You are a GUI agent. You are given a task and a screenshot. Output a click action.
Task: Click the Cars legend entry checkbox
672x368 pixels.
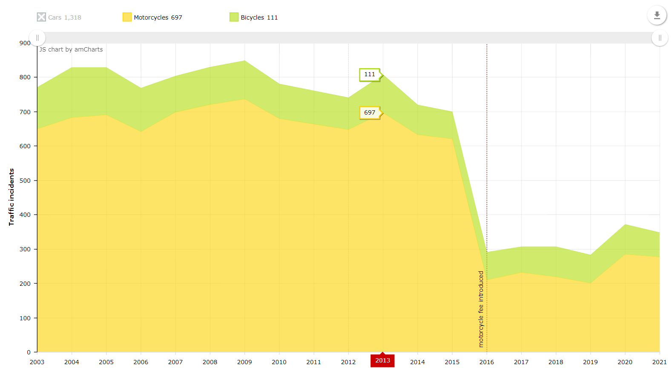pyautogui.click(x=41, y=17)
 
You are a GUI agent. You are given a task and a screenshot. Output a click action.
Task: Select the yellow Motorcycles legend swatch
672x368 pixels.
pyautogui.click(x=127, y=17)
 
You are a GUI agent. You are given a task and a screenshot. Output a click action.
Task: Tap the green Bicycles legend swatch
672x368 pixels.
pyautogui.click(x=234, y=17)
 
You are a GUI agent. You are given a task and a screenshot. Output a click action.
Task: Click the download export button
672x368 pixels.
pyautogui.click(x=657, y=15)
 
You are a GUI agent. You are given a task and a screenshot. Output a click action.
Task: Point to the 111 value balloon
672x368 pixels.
pyautogui.click(x=370, y=75)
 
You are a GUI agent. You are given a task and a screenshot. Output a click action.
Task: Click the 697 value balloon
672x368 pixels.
pyautogui.click(x=370, y=113)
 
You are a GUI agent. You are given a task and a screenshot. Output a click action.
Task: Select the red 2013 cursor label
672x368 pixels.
pyautogui.click(x=382, y=360)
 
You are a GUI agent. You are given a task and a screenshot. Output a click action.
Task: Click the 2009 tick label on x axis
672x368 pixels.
pyautogui.click(x=244, y=362)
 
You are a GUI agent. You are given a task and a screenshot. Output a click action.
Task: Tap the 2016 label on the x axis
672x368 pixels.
pyautogui.click(x=487, y=362)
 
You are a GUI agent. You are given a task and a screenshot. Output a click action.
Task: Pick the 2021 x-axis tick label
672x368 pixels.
pyautogui.click(x=659, y=362)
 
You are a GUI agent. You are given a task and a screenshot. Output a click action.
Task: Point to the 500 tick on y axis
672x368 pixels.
pyautogui.click(x=25, y=181)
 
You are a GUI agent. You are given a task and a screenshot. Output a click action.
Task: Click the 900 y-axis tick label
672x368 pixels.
pyautogui.click(x=25, y=43)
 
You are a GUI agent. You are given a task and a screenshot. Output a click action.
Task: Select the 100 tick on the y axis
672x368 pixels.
pyautogui.click(x=25, y=318)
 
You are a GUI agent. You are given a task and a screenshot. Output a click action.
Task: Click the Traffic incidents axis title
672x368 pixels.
pyautogui.click(x=11, y=197)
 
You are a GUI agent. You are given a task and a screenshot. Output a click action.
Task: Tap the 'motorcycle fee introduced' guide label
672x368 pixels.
pyautogui.click(x=481, y=309)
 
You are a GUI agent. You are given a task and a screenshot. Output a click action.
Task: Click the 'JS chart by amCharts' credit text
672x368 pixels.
pyautogui.click(x=71, y=49)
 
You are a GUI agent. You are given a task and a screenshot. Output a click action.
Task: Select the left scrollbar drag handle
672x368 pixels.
pyautogui.click(x=37, y=38)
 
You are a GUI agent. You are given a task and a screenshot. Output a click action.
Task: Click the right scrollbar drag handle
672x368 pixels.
pyautogui.click(x=660, y=38)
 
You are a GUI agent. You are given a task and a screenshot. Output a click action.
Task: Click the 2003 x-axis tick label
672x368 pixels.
pyautogui.click(x=37, y=362)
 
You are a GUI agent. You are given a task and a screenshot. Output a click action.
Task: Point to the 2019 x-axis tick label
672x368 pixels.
pyautogui.click(x=590, y=362)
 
